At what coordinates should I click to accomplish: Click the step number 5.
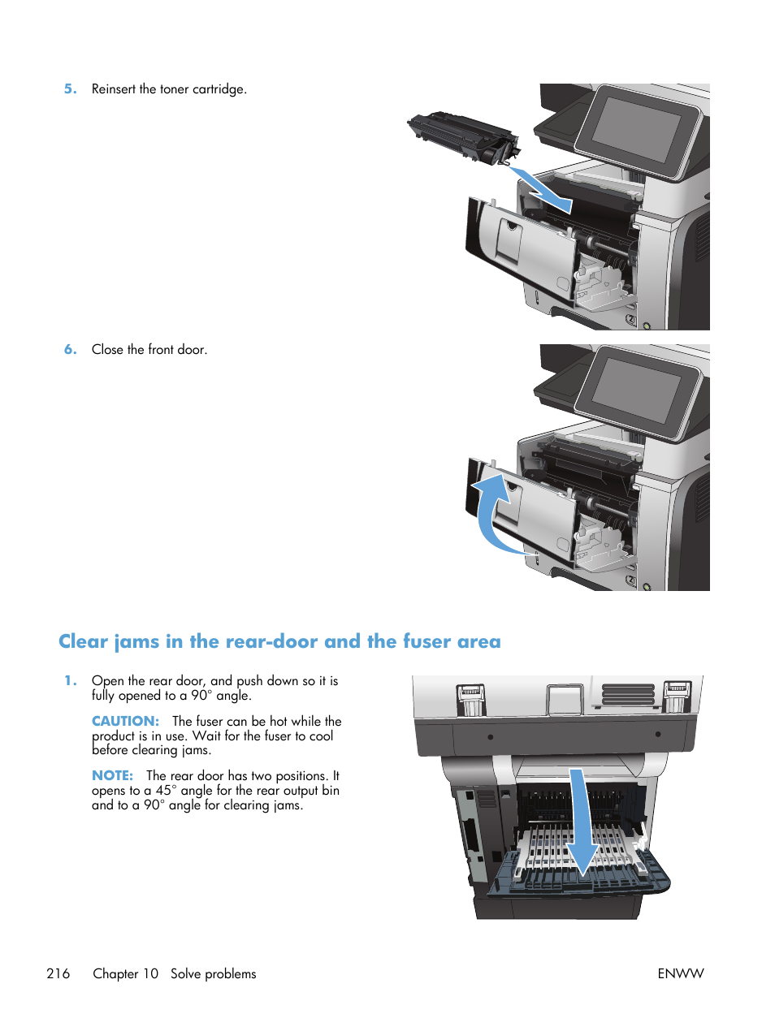click(70, 89)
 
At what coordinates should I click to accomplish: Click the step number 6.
click(70, 350)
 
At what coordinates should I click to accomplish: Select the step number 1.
click(70, 681)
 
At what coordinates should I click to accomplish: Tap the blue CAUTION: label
click(125, 721)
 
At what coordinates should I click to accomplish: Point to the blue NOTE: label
click(112, 776)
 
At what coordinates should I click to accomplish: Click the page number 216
click(58, 973)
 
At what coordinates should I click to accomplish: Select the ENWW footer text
click(680, 973)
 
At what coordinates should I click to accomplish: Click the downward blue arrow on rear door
click(580, 820)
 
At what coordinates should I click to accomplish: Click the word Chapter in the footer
click(115, 973)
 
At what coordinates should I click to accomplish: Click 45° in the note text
click(166, 791)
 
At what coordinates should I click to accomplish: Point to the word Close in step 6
click(107, 350)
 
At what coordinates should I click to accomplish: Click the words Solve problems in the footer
click(213, 973)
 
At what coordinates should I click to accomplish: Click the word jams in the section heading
click(136, 641)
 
